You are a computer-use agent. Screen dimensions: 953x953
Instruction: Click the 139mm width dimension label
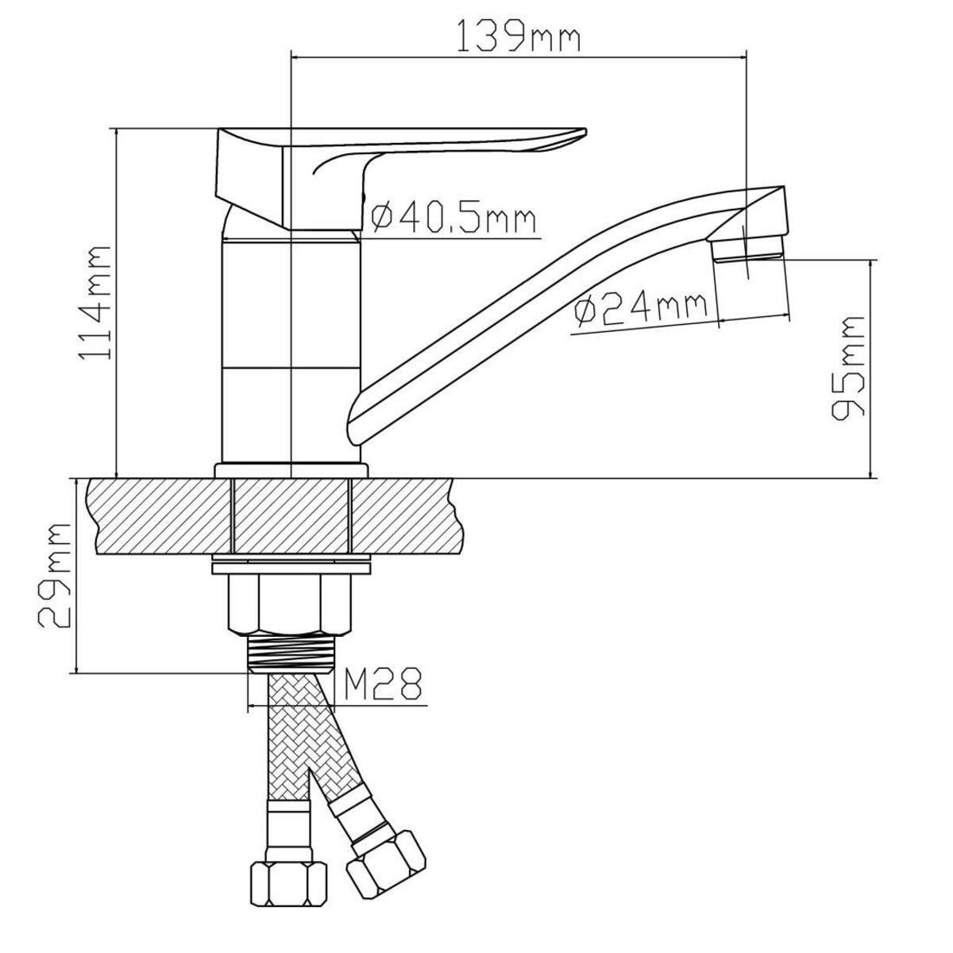[x=518, y=35]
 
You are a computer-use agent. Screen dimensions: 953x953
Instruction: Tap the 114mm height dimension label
[x=94, y=303]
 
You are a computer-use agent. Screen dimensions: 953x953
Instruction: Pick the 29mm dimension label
[x=56, y=576]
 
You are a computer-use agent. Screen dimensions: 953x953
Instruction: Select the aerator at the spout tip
[x=748, y=248]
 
